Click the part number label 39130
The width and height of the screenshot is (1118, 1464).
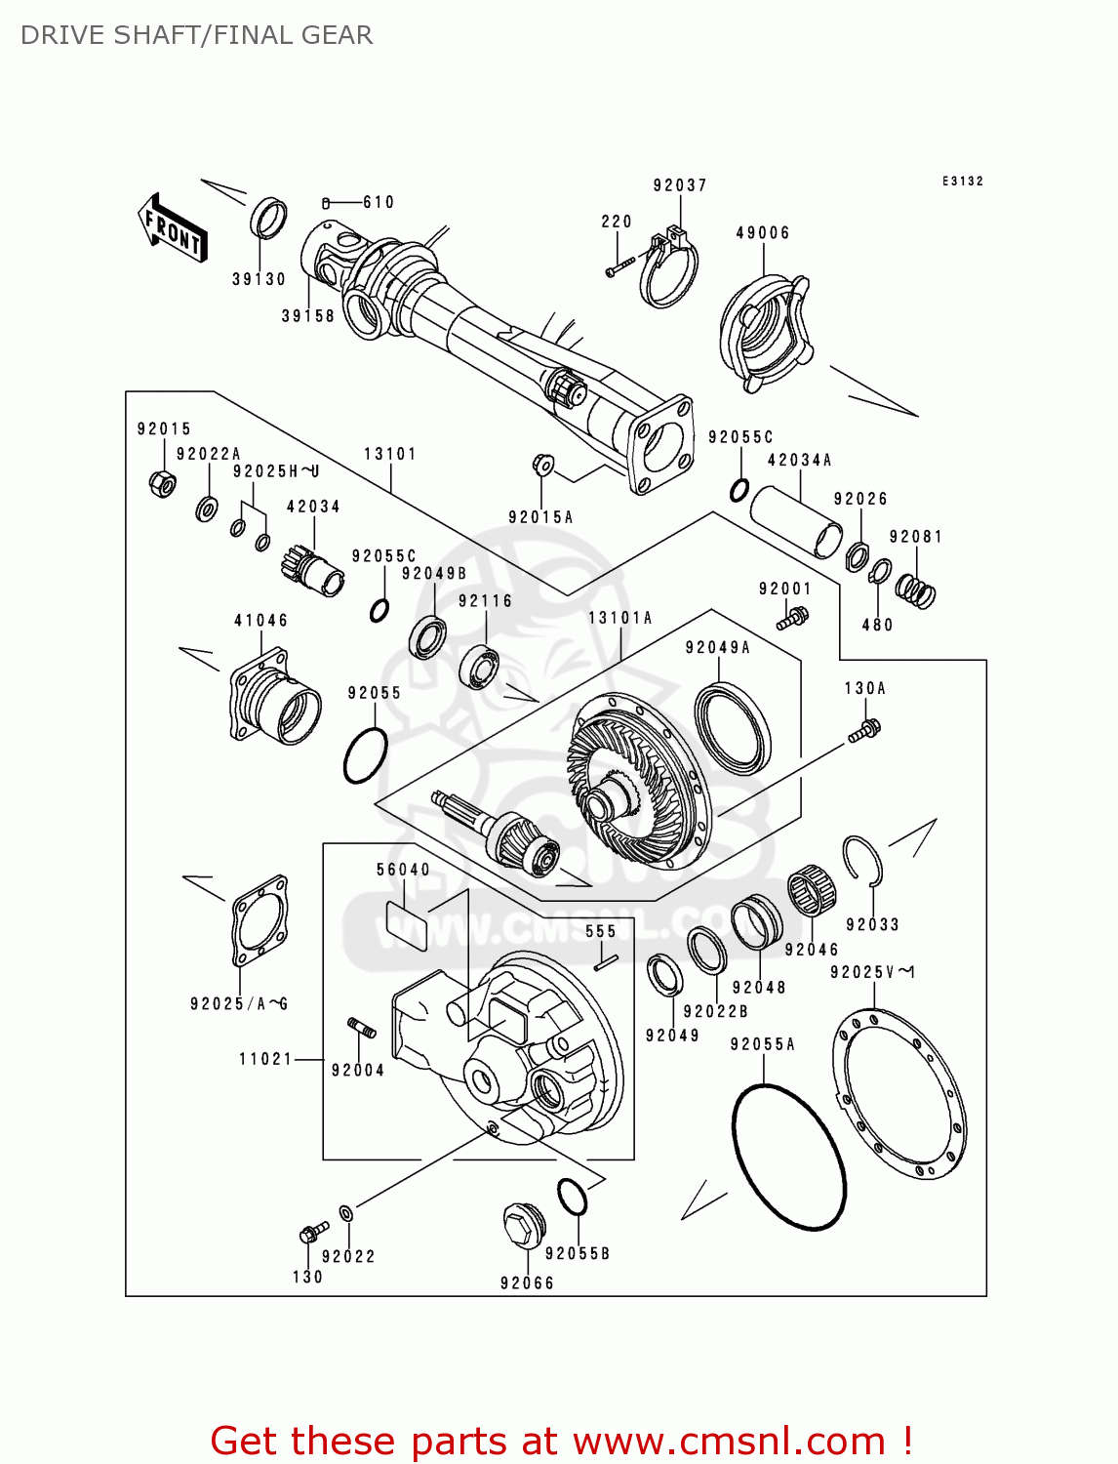259,279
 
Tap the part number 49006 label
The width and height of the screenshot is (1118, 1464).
763,233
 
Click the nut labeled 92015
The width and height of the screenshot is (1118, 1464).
162,481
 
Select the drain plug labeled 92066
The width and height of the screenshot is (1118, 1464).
523,1225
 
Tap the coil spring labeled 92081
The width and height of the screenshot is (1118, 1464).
916,590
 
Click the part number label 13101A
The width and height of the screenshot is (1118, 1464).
620,618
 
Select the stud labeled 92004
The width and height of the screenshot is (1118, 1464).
361,1027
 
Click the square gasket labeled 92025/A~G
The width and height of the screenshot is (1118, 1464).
260,918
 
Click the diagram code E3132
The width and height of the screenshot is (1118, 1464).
962,182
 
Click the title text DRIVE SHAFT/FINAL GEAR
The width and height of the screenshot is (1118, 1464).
196,36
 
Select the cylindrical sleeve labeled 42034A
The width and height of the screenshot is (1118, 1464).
796,521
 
